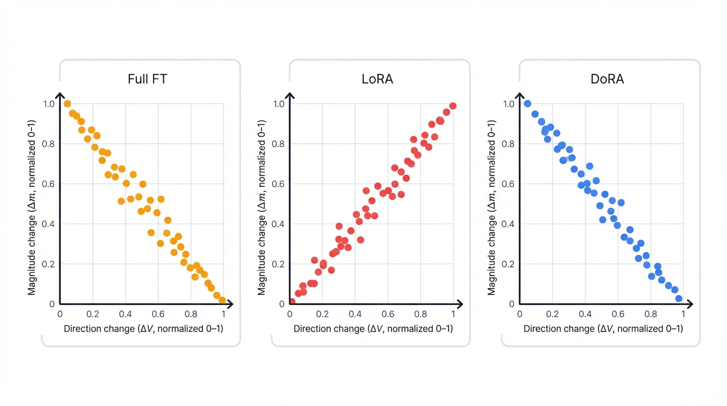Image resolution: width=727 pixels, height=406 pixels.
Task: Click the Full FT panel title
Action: point(147,79)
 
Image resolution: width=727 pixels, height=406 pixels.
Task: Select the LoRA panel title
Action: point(377,79)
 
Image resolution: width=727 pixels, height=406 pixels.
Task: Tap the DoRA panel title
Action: point(607,79)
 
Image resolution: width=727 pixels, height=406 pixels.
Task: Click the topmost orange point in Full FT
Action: point(67,104)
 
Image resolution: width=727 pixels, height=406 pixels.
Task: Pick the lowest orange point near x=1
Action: point(222,300)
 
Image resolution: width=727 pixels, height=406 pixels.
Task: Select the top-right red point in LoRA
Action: point(453,106)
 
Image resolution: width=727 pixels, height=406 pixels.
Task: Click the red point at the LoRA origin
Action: point(292,302)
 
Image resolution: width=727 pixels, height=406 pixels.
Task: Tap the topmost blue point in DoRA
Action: point(527,104)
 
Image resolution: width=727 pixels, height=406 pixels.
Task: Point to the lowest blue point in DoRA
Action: point(679,299)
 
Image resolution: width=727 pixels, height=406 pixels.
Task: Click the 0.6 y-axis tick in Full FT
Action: point(48,184)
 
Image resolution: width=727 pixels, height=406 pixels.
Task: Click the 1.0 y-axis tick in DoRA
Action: point(508,104)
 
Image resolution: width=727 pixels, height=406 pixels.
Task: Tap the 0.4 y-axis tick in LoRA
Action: point(278,224)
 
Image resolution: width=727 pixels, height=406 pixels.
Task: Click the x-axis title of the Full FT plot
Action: point(143,329)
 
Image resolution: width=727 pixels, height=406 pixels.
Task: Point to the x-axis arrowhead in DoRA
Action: point(690,304)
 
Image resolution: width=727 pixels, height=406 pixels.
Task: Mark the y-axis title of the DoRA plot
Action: point(491,207)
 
